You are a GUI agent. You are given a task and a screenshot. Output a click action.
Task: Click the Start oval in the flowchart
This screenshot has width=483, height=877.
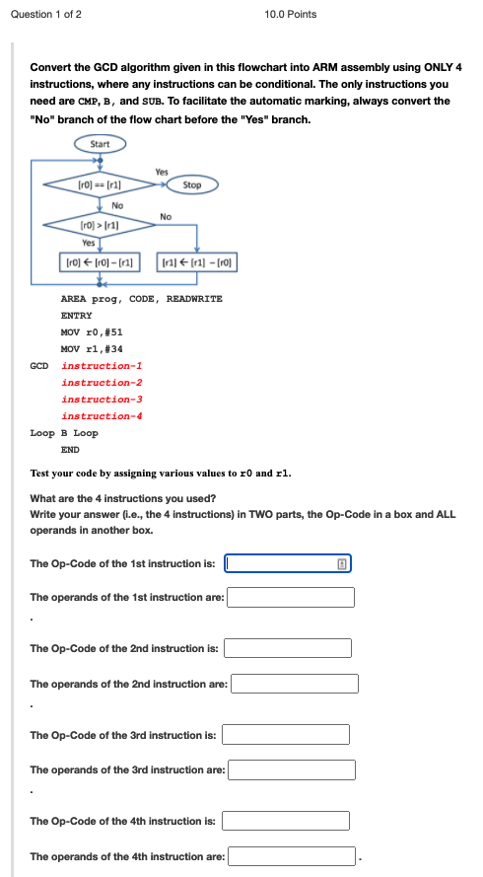(x=100, y=144)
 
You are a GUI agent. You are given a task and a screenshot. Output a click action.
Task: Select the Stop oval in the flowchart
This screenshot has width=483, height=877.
(x=192, y=184)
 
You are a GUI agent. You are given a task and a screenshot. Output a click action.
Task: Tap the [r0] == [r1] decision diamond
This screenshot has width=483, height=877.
(x=99, y=184)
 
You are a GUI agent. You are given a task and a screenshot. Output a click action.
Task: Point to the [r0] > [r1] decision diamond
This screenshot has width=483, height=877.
(x=99, y=225)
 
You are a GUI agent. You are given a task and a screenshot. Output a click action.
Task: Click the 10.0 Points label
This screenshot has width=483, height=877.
(x=291, y=14)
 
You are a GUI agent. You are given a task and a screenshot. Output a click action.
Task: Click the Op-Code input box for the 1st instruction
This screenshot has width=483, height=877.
(x=287, y=564)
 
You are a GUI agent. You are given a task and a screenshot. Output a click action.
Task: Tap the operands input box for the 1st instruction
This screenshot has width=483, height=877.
(x=291, y=597)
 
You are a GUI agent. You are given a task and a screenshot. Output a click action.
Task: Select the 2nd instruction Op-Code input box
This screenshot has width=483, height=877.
(x=287, y=648)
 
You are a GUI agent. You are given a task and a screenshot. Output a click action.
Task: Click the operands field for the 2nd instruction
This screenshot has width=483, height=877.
(x=295, y=684)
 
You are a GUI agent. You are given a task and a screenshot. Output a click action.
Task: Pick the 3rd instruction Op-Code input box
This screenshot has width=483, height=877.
(x=286, y=735)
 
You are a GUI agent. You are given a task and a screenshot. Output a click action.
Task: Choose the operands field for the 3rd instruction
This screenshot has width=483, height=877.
(x=292, y=769)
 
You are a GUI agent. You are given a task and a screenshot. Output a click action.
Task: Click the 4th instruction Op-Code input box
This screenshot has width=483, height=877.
(x=286, y=821)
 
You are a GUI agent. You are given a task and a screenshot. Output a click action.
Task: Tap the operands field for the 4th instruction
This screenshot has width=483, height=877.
(x=292, y=856)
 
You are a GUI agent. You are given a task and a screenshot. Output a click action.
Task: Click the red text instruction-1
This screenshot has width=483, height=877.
(x=102, y=365)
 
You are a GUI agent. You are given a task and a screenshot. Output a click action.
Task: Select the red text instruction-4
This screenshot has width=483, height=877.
(x=102, y=415)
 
